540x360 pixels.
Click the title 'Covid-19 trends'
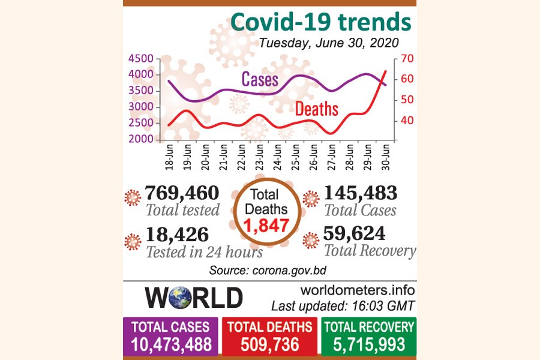point(321,22)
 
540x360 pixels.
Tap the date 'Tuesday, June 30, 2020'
point(329,43)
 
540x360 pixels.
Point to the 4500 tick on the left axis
point(141,58)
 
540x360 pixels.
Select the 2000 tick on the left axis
point(141,139)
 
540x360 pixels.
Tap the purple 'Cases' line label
point(260,79)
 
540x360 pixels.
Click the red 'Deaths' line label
point(316,109)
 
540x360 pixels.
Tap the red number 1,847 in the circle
point(265,226)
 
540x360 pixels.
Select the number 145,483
point(360,193)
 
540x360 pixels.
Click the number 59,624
point(355,233)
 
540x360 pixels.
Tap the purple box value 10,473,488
point(170,345)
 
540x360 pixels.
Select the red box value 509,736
point(270,345)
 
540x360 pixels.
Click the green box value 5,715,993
point(368,345)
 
